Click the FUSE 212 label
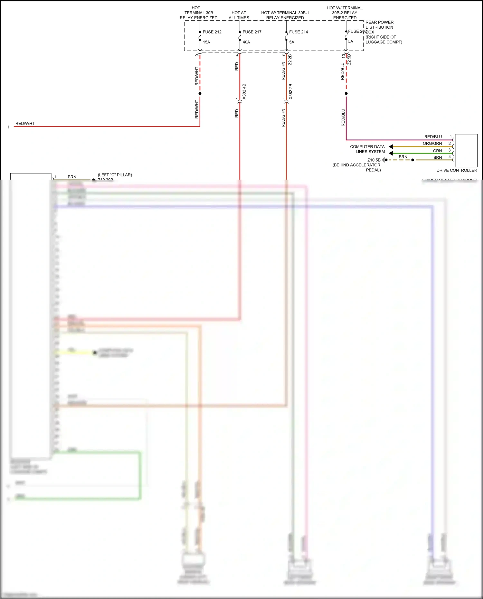pyautogui.click(x=212, y=32)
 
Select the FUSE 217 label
pyautogui.click(x=252, y=32)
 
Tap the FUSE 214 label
pyautogui.click(x=298, y=32)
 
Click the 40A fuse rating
pyautogui.click(x=246, y=42)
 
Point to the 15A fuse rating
pyautogui.click(x=206, y=42)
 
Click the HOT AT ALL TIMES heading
pyautogui.click(x=239, y=15)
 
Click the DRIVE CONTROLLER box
pyautogui.click(x=466, y=150)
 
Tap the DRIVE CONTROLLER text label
pyautogui.click(x=457, y=170)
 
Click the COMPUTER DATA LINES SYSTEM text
pyautogui.click(x=368, y=149)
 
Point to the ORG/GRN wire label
pyautogui.click(x=432, y=144)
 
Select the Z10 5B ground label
pyautogui.click(x=374, y=160)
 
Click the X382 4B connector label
pyautogui.click(x=244, y=91)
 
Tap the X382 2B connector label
pyautogui.click(x=291, y=91)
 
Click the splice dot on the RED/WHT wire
pyautogui.click(x=200, y=94)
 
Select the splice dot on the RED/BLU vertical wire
pyautogui.click(x=346, y=94)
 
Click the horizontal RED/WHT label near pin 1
pyautogui.click(x=25, y=124)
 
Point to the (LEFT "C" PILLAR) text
pyautogui.click(x=115, y=175)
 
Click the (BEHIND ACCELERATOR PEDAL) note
pyautogui.click(x=357, y=167)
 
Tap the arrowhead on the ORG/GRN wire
pyautogui.click(x=391, y=147)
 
